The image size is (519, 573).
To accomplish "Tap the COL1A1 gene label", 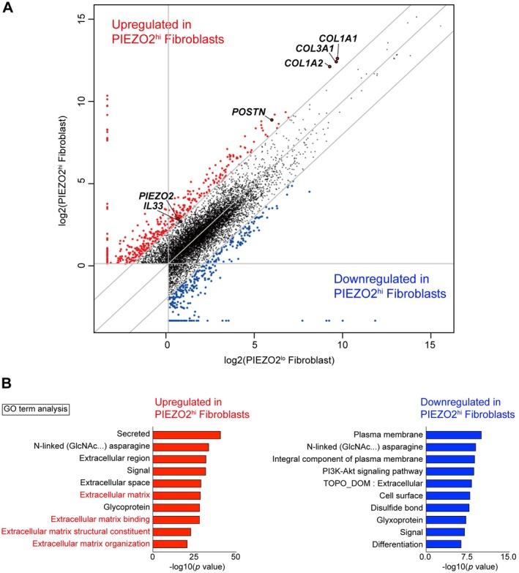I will [x=337, y=37].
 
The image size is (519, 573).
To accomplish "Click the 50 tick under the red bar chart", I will [x=236, y=558].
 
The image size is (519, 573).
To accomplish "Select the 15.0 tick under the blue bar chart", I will [x=506, y=558].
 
